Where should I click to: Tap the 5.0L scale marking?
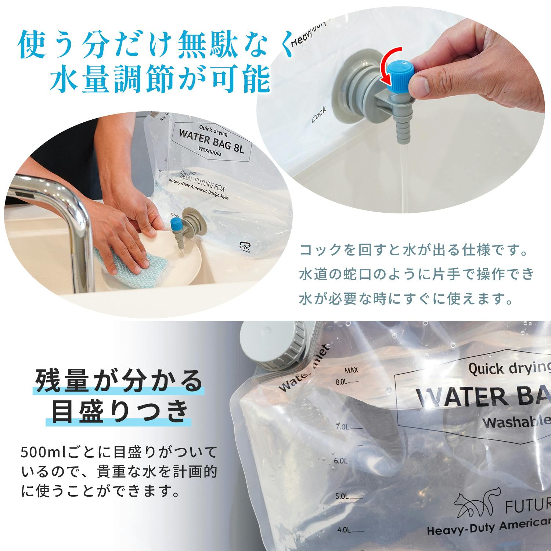pyautogui.click(x=348, y=496)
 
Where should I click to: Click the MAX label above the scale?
pyautogui.click(x=351, y=370)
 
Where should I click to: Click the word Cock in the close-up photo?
pyautogui.click(x=318, y=115)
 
